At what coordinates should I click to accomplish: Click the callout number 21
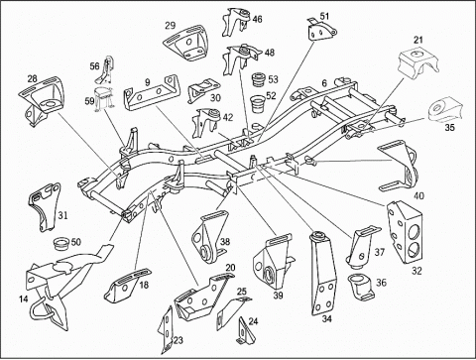coord(418,40)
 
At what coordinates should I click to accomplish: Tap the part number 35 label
coord(449,128)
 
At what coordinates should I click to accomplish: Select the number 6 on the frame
coord(324,83)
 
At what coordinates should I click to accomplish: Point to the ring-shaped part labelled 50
coord(61,244)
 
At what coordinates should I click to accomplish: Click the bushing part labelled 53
coord(259,80)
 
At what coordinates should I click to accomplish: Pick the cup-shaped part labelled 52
coord(258,104)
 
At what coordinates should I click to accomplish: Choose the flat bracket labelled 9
coord(153,94)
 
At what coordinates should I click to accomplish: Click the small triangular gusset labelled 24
coord(246,332)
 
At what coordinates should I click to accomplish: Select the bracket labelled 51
coord(321,31)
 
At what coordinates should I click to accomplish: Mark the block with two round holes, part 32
coord(406,232)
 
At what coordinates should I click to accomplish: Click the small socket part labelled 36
coord(360,287)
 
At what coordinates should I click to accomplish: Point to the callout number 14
coord(23,300)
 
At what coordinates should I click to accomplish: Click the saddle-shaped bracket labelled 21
coord(417,62)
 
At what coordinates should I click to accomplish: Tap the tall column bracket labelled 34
coord(322,273)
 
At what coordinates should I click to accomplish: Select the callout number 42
coord(228,117)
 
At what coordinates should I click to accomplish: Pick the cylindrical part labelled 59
coord(103,99)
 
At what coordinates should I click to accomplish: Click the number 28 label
coord(33,79)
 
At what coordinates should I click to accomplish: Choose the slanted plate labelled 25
coord(233,311)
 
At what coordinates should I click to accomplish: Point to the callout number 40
coord(418,195)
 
